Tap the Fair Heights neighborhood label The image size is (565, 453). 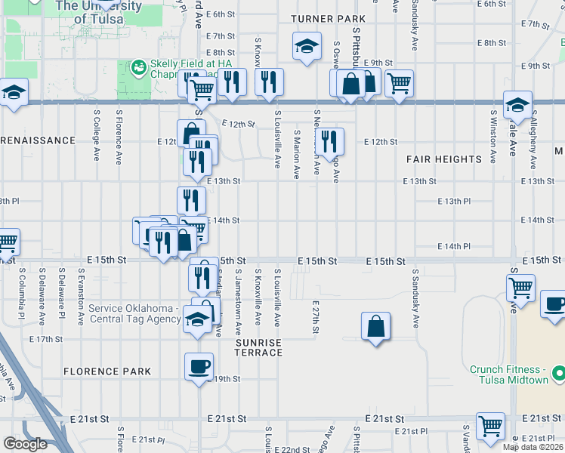pos(443,159)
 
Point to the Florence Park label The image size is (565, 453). pos(107,371)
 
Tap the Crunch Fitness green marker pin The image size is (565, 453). pos(559,374)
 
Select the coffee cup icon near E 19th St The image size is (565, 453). pos(199,366)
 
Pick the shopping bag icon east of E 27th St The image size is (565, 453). pos(375,326)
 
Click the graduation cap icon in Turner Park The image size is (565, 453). pos(307,46)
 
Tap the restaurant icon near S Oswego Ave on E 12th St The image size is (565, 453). pos(329,140)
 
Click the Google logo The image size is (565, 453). pos(25,444)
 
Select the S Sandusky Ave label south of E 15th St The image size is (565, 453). pos(415,298)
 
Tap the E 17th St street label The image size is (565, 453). pos(45,339)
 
